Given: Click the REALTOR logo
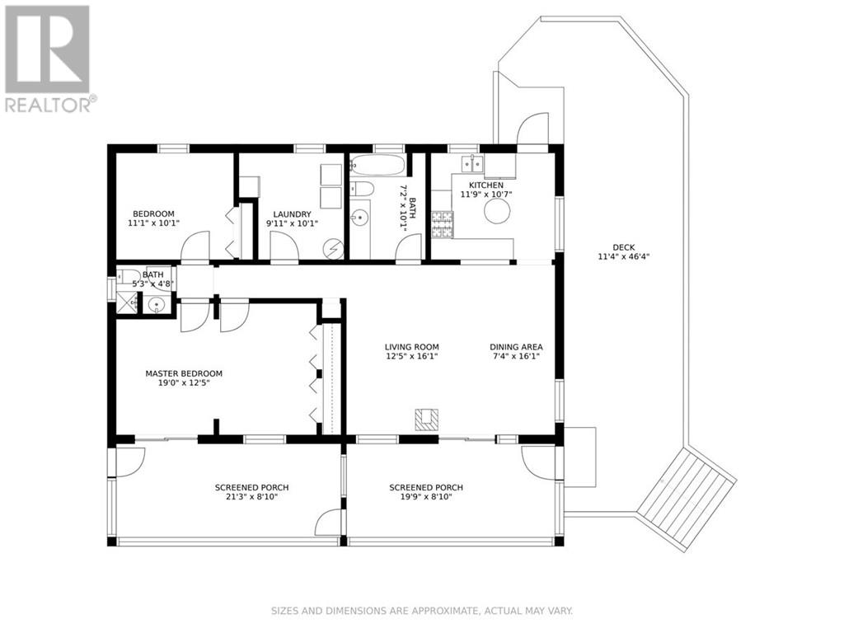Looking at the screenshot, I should (x=48, y=59).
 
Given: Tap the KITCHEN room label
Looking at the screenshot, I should (x=485, y=185).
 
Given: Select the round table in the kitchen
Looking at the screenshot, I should (x=497, y=212).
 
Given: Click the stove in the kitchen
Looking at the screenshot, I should (x=442, y=224).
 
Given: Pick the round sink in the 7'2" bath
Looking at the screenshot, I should (x=359, y=218).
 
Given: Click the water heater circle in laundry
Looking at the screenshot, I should (x=334, y=248).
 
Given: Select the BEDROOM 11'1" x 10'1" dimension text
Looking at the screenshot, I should (x=153, y=223).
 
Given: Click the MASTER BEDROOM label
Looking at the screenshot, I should (x=184, y=373).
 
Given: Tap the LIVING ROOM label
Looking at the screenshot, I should (x=411, y=347).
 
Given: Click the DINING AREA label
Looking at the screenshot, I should (x=516, y=347).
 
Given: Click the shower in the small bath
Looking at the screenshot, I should (x=127, y=304).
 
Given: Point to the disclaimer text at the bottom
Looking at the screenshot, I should (x=422, y=611).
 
